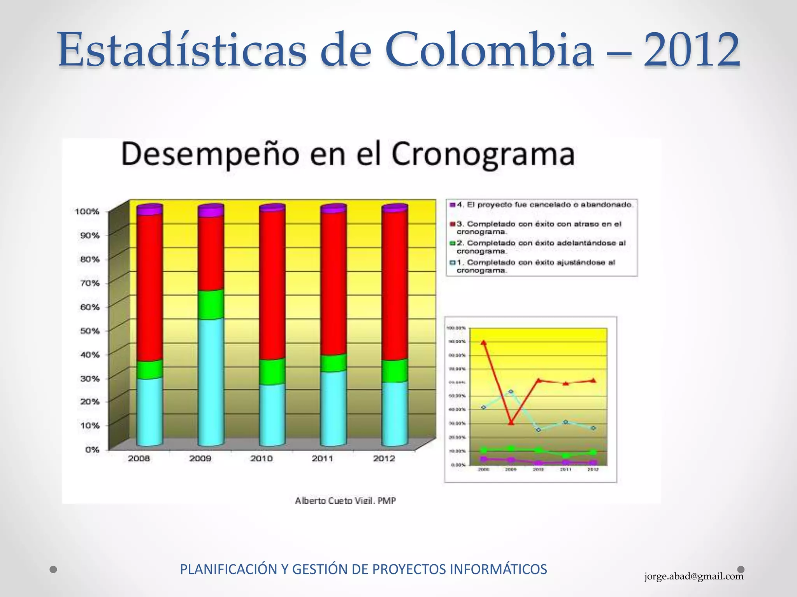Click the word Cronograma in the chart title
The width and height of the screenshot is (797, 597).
pos(483,155)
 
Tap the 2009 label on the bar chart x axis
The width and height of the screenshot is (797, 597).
pos(200,459)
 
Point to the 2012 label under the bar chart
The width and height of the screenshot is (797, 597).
pos(384,459)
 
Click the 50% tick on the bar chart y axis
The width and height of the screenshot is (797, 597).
pos(90,331)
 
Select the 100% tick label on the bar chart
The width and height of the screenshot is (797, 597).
pos(87,211)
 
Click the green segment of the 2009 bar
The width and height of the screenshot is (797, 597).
pos(211,304)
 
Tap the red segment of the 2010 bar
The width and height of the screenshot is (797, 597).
pos(272,284)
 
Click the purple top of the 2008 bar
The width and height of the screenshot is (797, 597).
pos(149,209)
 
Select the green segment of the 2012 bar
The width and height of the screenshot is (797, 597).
pos(395,370)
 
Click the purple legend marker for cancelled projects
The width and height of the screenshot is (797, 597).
pos(452,204)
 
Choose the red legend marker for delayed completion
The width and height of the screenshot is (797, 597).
pos(452,224)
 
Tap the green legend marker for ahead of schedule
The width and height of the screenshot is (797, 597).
pos(452,243)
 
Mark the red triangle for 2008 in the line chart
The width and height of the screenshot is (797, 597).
pos(484,342)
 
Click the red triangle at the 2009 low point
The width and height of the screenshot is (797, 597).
pos(511,422)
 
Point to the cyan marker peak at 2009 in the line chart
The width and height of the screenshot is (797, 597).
pos(511,391)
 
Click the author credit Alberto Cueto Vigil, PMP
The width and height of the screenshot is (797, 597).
pos(345,501)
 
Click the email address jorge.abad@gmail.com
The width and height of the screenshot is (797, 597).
pos(693,576)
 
